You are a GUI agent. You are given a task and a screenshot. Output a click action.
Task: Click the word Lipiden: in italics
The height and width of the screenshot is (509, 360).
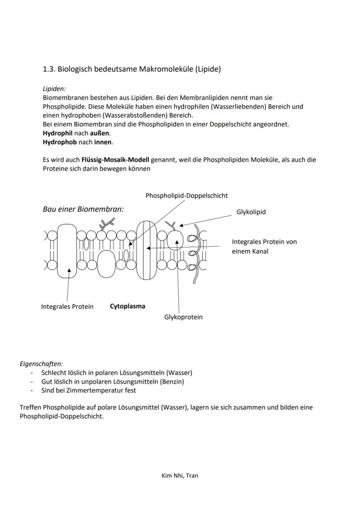tap(54, 89)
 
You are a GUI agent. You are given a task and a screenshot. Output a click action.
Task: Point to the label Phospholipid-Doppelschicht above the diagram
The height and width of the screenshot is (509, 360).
tap(187, 196)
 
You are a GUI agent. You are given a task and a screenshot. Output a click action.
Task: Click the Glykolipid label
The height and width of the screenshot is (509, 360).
tap(251, 212)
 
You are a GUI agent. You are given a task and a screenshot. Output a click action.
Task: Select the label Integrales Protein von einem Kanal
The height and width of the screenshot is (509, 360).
tap(264, 246)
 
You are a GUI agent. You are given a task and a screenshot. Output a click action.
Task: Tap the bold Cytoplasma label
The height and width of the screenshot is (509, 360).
tap(127, 306)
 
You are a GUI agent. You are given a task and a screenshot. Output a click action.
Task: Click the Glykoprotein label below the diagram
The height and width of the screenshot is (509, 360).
tap(183, 317)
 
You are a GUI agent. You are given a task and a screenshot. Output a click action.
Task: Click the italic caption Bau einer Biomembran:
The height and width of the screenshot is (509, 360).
tap(83, 209)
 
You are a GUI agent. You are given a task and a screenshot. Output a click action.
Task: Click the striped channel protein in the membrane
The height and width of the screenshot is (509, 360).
tap(147, 250)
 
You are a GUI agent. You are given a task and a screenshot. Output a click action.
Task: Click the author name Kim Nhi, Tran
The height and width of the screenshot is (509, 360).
tap(180, 476)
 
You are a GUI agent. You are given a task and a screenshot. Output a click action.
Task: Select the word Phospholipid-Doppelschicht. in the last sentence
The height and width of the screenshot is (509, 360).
tap(62, 416)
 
